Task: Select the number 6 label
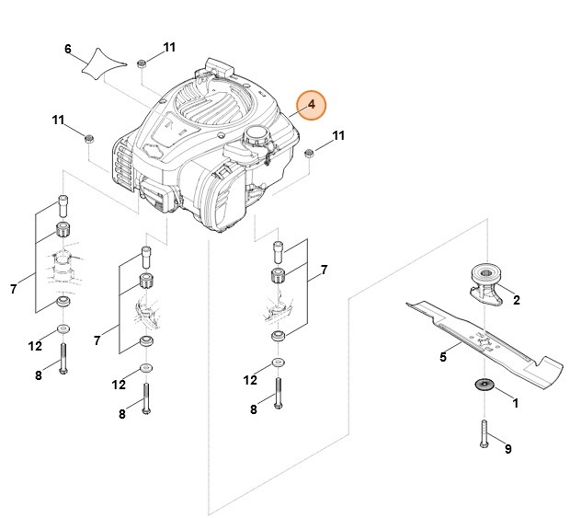[x=68, y=49]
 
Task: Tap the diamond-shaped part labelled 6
[x=101, y=63]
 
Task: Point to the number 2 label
[x=516, y=300]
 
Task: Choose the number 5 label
[x=443, y=357]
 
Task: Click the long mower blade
[x=478, y=340]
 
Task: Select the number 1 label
[x=515, y=403]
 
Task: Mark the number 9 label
[x=508, y=449]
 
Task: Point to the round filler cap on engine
[x=252, y=140]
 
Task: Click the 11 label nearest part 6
[x=169, y=47]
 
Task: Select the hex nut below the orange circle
[x=309, y=152]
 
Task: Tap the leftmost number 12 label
[x=35, y=347]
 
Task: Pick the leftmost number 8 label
[x=39, y=374]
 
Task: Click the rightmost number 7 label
[x=324, y=271]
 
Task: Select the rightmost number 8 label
[x=254, y=409]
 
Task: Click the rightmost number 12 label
[x=250, y=380]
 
